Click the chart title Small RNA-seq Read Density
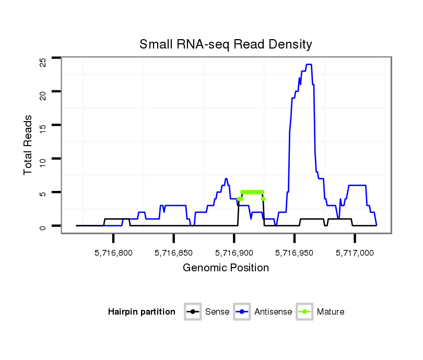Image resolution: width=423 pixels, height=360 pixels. [x=226, y=44]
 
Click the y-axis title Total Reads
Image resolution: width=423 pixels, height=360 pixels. [x=28, y=145]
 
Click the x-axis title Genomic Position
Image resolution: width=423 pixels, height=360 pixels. [x=226, y=268]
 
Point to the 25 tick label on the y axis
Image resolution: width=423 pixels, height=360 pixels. [x=43, y=62]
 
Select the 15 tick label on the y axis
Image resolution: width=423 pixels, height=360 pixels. [x=43, y=129]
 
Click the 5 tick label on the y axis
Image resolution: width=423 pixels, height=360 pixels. [x=43, y=194]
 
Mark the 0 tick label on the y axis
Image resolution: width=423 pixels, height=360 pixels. [x=43, y=226]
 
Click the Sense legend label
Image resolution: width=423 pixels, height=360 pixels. [x=217, y=312]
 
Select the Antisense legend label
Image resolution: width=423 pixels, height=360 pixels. [x=273, y=312]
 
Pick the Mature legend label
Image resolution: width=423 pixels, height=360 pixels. [x=330, y=312]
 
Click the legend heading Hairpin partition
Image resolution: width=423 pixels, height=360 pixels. [x=142, y=312]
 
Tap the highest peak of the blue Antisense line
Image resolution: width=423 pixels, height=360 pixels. [x=309, y=64]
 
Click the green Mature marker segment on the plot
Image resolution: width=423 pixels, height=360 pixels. [x=252, y=192]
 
